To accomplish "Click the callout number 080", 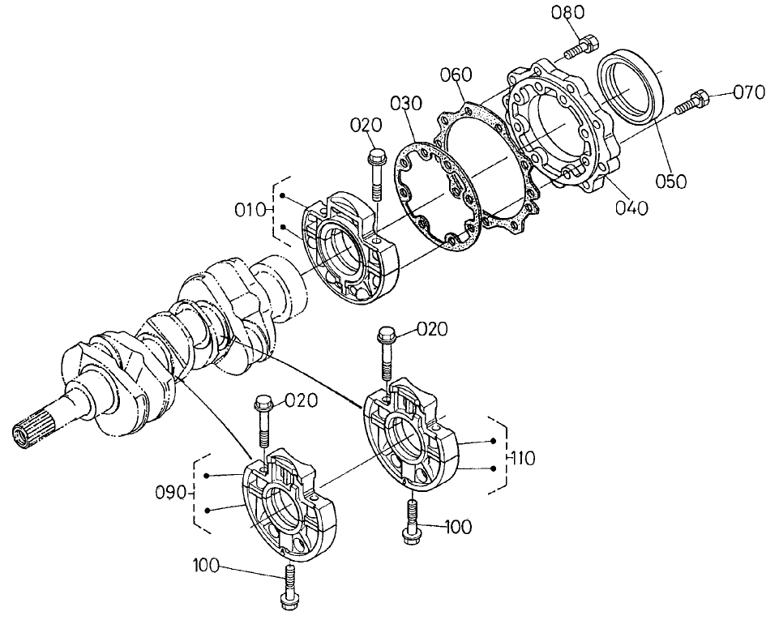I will point(568,13).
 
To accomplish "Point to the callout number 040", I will point(631,208).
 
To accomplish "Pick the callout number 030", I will point(405,104).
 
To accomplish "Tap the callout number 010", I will point(250,211).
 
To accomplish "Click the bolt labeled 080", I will point(580,45).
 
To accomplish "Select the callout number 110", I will point(524,459).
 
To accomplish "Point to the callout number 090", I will point(172,493).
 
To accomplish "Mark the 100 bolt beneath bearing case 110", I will point(411,519).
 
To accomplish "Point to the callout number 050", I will point(671,181).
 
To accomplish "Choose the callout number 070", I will point(749,92).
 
